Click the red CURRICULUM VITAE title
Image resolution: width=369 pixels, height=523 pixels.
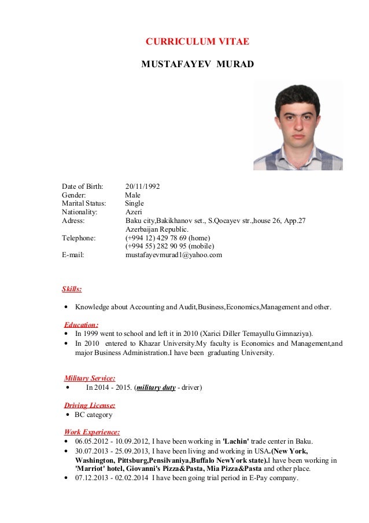click(x=197, y=42)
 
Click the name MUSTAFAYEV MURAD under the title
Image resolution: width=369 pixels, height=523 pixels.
click(x=197, y=64)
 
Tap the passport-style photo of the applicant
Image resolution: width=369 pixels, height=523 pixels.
click(x=297, y=126)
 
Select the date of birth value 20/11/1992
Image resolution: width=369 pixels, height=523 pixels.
click(x=142, y=186)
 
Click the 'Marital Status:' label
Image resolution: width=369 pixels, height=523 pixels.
click(x=84, y=204)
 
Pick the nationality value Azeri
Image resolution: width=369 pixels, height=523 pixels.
click(x=134, y=213)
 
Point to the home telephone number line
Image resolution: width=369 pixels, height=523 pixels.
click(x=168, y=238)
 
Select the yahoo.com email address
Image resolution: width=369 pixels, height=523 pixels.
click(x=174, y=255)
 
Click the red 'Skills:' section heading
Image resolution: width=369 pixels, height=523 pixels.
click(x=72, y=289)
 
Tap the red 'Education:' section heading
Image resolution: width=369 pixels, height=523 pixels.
click(x=81, y=325)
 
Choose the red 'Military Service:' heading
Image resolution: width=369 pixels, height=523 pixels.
click(x=90, y=378)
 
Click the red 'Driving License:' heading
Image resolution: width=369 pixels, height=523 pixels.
click(x=90, y=405)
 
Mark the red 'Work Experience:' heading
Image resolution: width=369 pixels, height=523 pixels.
click(x=92, y=432)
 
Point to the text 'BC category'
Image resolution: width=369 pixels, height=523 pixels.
click(x=93, y=415)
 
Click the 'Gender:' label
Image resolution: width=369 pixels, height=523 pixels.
click(x=73, y=195)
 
